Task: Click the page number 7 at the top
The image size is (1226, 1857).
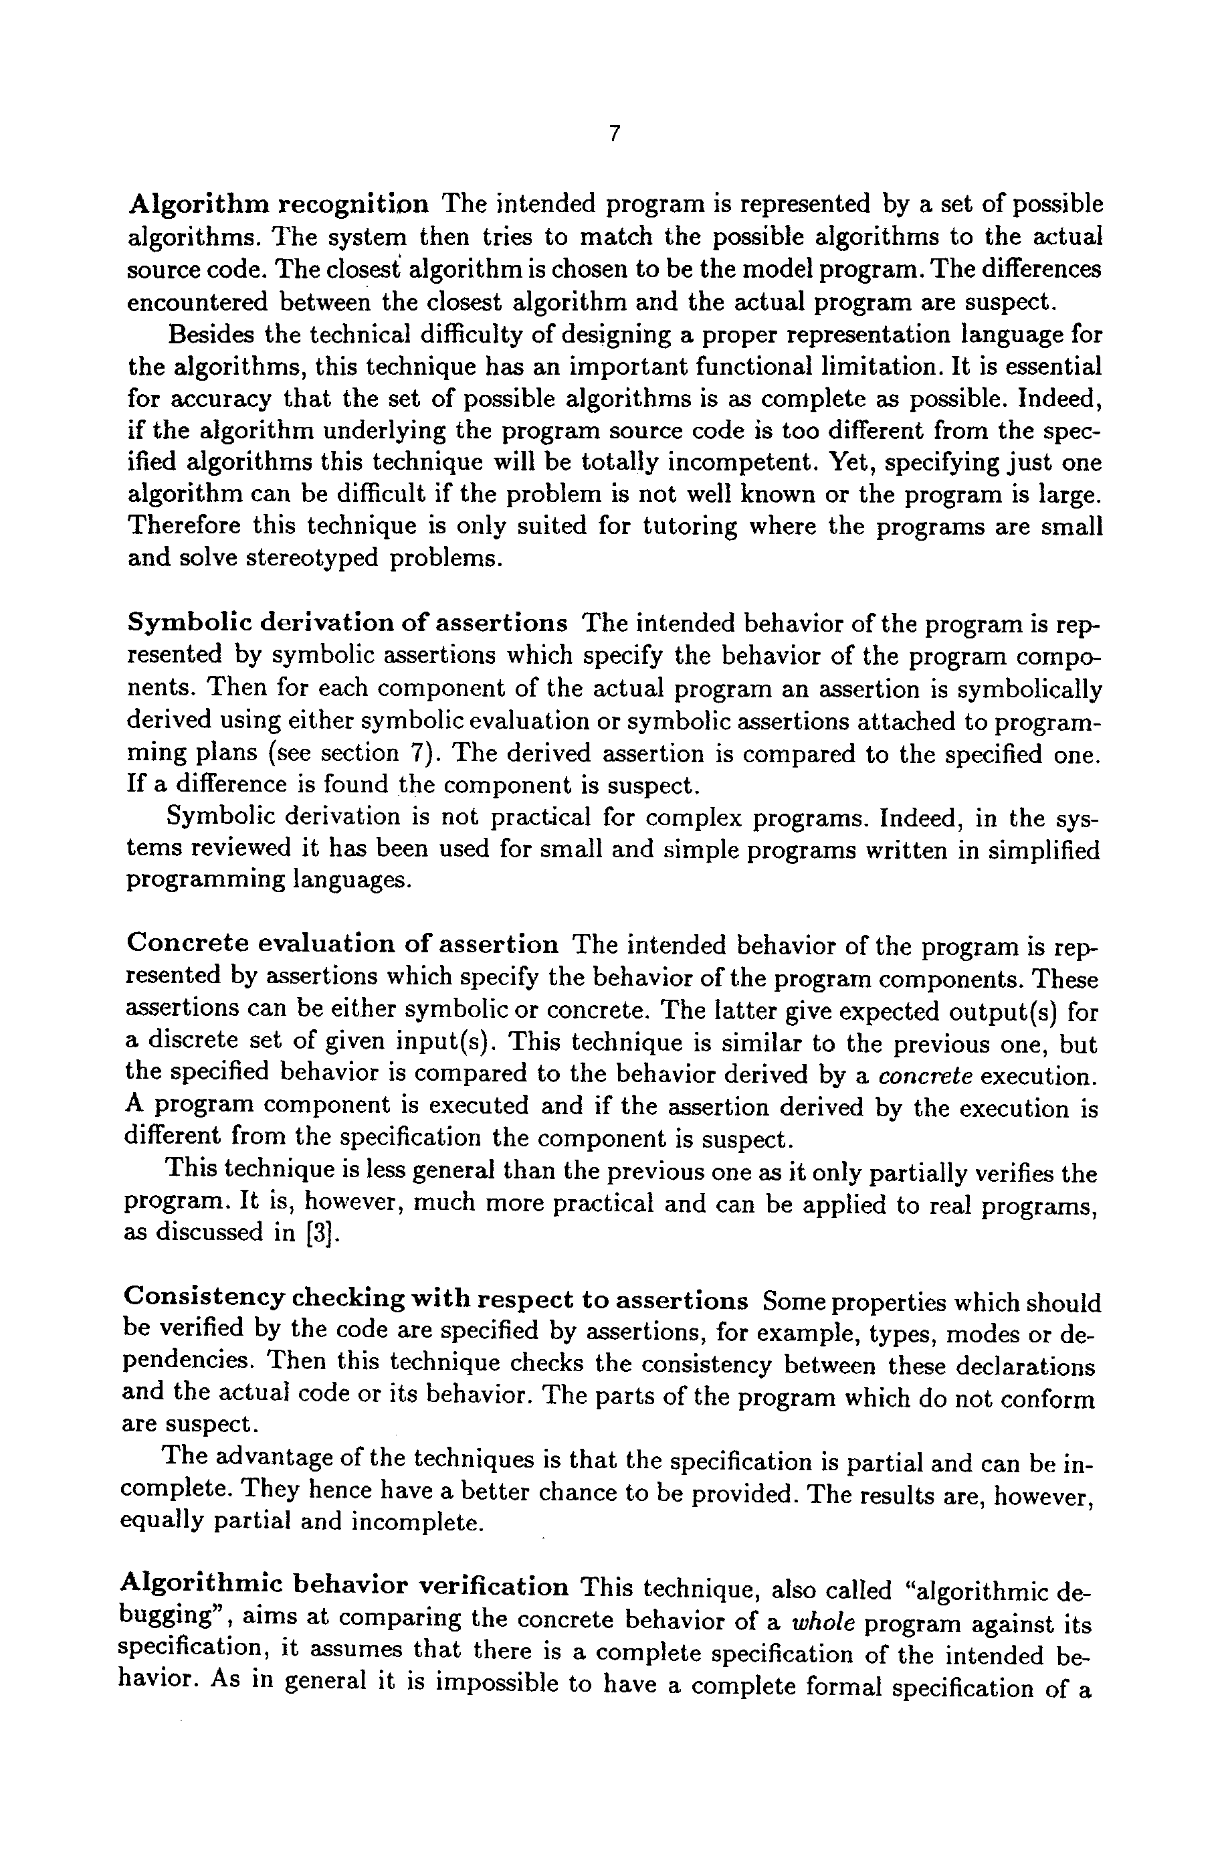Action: coord(614,135)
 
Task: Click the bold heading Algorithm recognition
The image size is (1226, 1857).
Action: coord(278,204)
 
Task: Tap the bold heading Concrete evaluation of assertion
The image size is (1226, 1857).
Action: coord(342,944)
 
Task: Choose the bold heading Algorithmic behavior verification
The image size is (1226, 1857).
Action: coord(344,1585)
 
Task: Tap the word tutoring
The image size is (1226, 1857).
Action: coord(690,526)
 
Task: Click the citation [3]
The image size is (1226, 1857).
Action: coord(324,1233)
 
